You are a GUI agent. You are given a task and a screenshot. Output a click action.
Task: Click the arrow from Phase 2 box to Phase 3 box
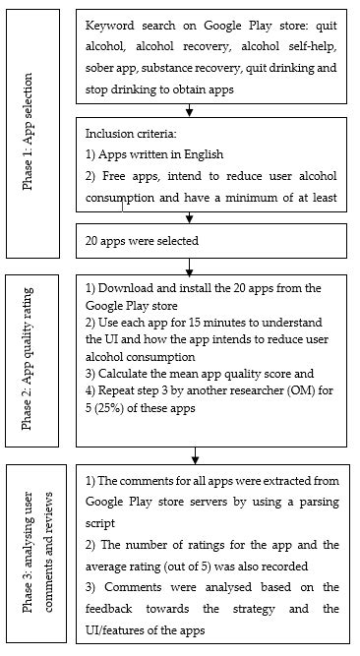[x=197, y=453]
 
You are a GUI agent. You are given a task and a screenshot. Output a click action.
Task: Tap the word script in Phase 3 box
[x=103, y=523]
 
